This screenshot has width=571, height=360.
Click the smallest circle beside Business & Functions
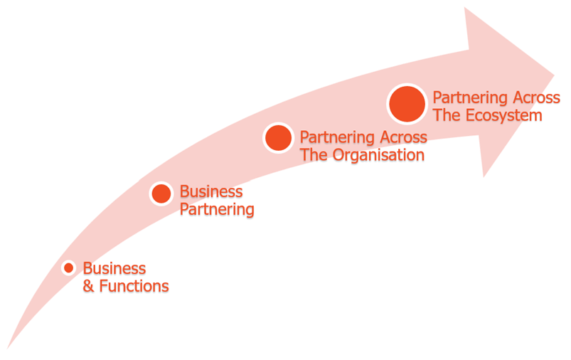pos(68,268)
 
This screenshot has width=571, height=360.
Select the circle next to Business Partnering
pos(161,193)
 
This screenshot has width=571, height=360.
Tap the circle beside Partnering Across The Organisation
pos(278,137)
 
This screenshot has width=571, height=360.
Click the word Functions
pos(134,286)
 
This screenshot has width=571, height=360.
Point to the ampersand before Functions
pos(89,286)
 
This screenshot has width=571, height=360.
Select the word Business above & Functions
pos(114,268)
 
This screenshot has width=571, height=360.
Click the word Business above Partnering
pos(210,191)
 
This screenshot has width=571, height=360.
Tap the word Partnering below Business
pos(217,210)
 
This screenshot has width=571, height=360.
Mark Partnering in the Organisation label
pos(337,137)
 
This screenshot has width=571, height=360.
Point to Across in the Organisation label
pos(403,137)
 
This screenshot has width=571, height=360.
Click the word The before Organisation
pos(314,154)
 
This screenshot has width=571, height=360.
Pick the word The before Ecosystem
pos(447,115)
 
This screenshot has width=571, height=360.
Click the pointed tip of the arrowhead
pos(553,75)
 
